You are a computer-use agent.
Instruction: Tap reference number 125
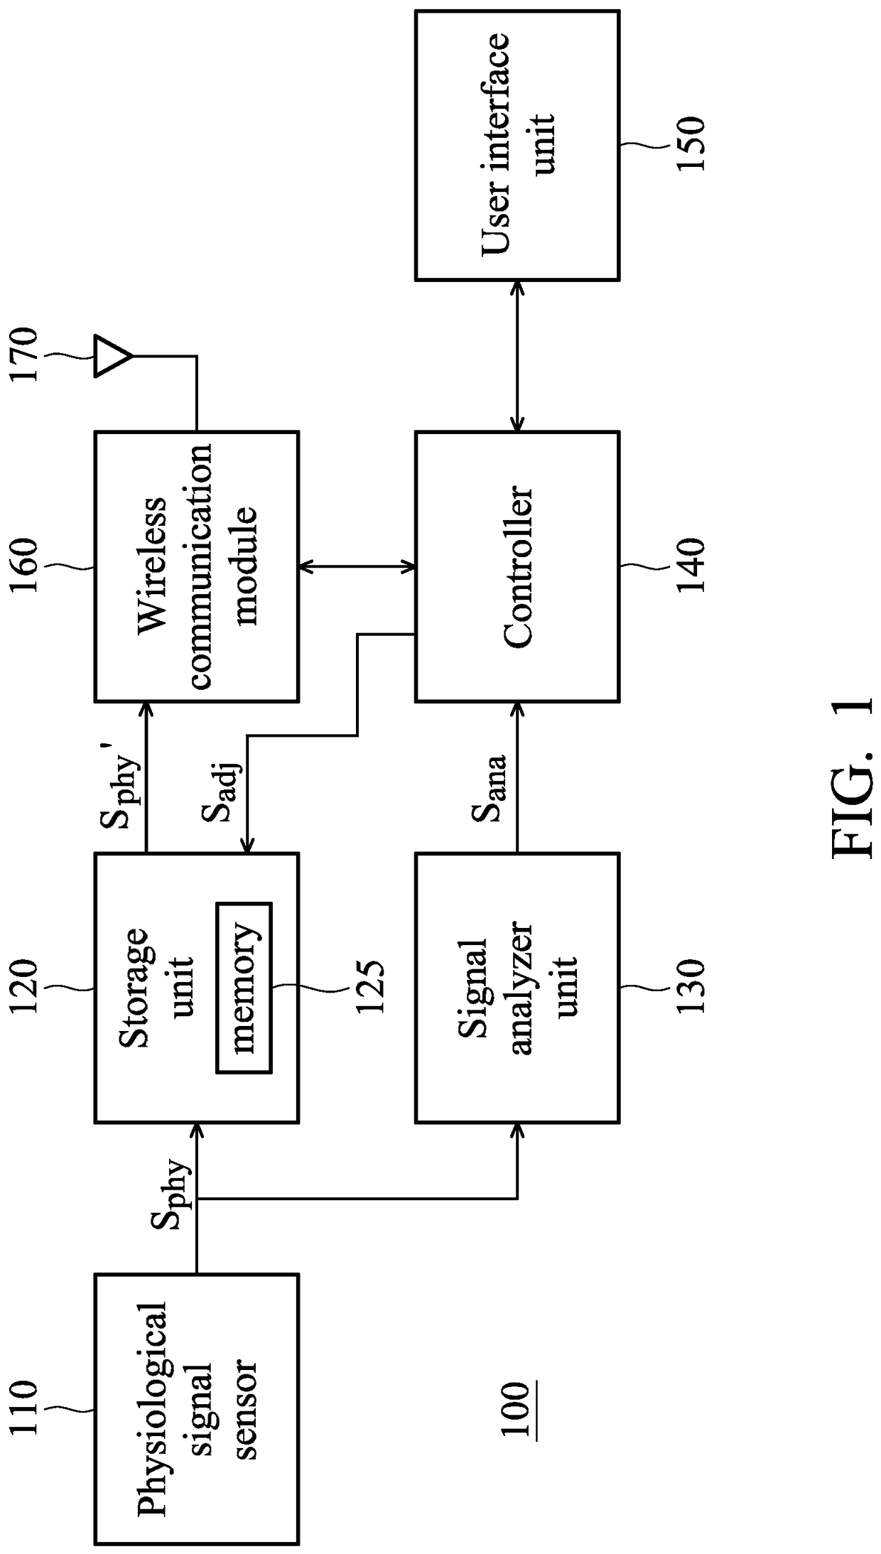click(x=369, y=988)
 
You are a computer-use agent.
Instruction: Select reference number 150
click(x=690, y=145)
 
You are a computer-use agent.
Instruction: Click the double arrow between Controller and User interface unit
click(x=517, y=355)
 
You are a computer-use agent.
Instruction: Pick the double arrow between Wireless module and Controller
click(x=357, y=566)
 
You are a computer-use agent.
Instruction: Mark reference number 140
click(x=690, y=566)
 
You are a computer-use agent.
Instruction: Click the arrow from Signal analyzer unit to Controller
click(x=517, y=777)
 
